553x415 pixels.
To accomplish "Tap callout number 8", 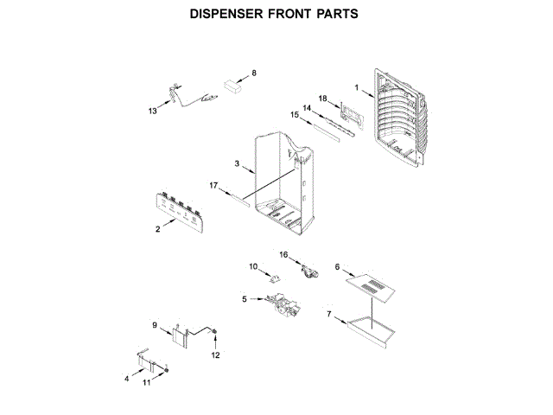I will point(254,73).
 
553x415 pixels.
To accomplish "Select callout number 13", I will point(153,111).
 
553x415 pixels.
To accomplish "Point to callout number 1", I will point(356,86).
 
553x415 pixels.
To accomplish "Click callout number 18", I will point(321,99).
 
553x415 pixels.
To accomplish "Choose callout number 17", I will point(213,185).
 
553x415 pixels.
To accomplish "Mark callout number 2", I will point(157,229).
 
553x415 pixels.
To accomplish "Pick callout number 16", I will point(283,254).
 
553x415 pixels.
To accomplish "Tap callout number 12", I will point(217,354).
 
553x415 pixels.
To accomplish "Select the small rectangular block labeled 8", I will point(231,86).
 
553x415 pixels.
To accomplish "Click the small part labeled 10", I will point(276,278).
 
